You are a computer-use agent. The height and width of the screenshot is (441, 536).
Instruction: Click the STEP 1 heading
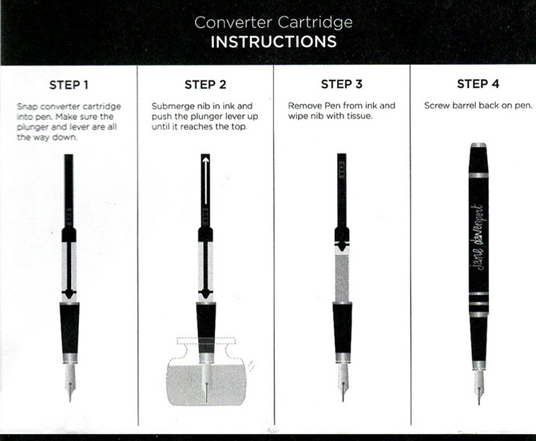[69, 84]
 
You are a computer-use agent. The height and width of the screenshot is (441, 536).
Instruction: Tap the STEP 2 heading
[206, 84]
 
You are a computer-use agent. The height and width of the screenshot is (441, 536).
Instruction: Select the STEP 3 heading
[342, 84]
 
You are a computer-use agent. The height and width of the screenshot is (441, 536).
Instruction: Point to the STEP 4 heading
[478, 84]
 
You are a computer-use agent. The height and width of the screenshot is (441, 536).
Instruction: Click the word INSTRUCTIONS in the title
[273, 42]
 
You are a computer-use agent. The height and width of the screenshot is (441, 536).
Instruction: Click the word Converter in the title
[233, 23]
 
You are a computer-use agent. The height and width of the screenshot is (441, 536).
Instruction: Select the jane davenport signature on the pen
[478, 237]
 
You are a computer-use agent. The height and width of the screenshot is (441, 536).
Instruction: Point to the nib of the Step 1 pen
[70, 382]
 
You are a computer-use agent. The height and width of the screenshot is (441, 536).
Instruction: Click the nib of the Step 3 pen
[343, 382]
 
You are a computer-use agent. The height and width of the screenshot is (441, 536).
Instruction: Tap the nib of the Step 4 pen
[479, 387]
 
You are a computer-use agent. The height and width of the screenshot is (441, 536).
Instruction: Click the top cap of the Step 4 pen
[478, 157]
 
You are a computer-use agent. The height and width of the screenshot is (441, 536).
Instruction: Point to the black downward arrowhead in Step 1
[69, 294]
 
